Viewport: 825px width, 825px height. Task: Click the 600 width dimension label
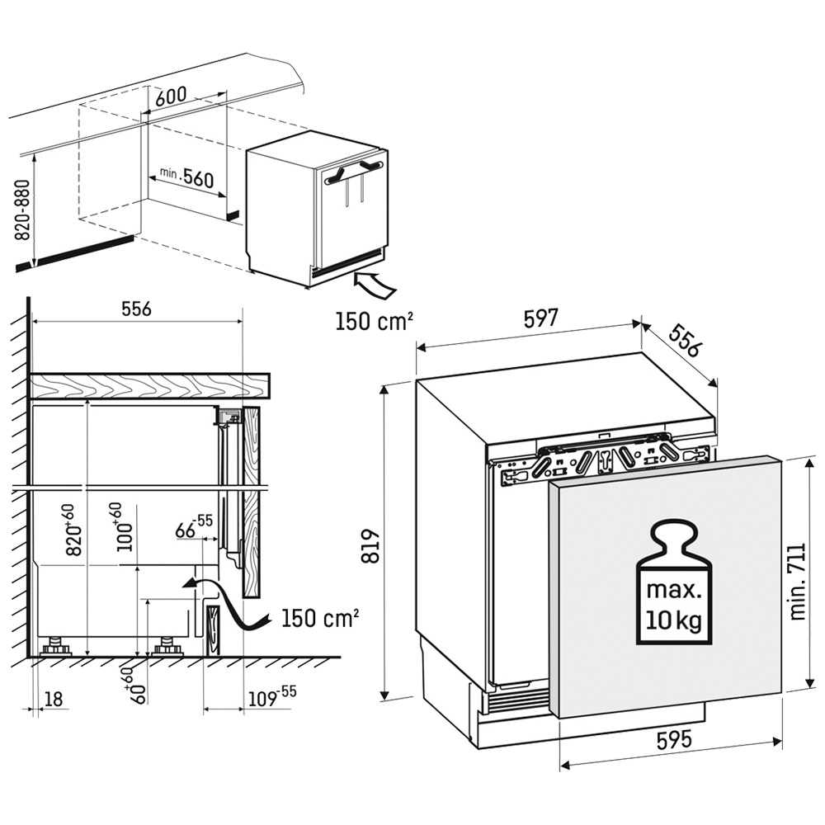172,95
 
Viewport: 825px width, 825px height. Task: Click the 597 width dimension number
540,319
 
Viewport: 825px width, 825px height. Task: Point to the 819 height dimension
372,545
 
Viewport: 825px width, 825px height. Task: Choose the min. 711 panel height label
797,582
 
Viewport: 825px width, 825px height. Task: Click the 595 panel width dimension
674,740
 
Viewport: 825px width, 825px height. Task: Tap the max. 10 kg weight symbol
674,582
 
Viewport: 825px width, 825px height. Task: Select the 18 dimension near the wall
54,699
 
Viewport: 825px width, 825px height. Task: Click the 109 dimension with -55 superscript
272,696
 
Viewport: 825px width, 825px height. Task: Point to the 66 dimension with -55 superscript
194,526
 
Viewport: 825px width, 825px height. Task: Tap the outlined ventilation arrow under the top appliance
375,285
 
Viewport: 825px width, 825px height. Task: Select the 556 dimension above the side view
137,309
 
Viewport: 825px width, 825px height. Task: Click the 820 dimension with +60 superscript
73,529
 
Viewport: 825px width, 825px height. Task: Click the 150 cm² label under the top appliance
374,320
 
